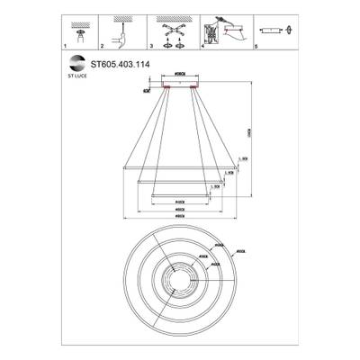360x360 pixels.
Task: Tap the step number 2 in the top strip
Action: pos(103,43)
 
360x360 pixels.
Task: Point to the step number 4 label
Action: pos(203,43)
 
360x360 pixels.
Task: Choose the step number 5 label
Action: pos(255,43)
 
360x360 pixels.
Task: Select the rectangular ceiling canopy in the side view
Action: pos(179,84)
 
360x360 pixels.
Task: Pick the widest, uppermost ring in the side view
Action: pos(179,168)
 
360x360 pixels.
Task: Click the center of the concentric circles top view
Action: pos(179,277)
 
